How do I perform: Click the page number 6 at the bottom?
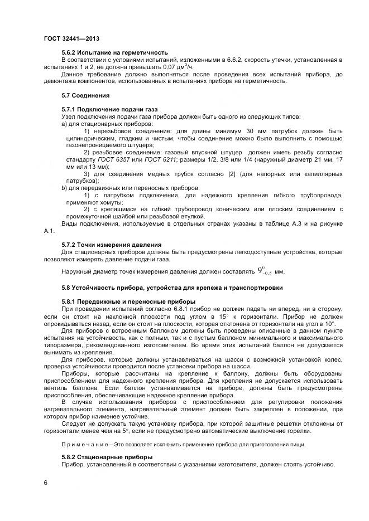point(45,483)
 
